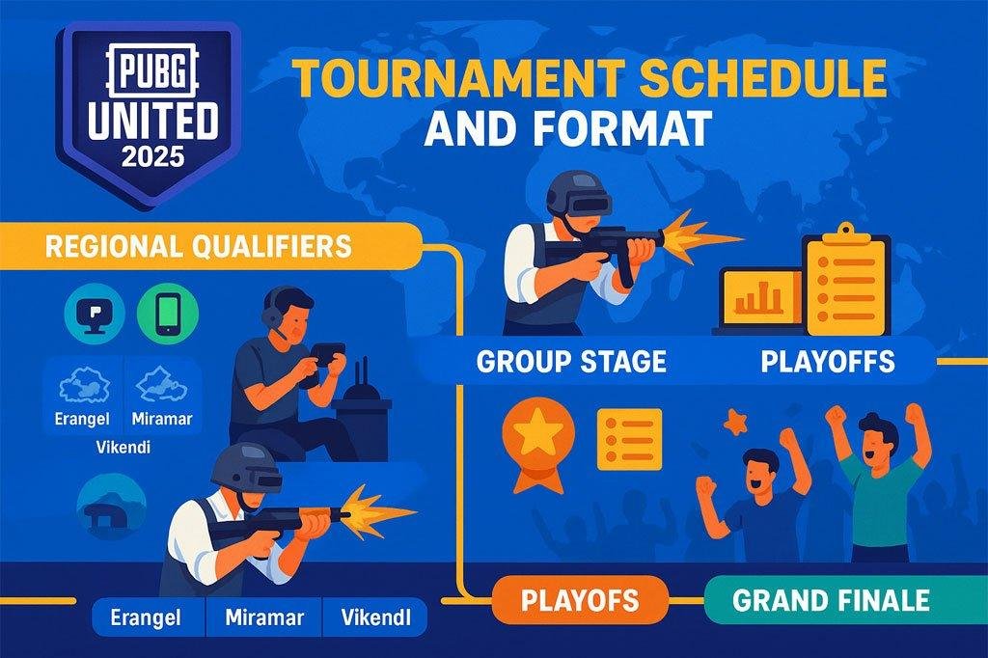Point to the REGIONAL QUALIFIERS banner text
pyautogui.click(x=198, y=247)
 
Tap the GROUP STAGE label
pyautogui.click(x=571, y=362)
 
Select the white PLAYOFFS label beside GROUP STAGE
pyautogui.click(x=827, y=362)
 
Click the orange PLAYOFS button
pyautogui.click(x=580, y=600)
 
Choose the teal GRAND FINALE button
pyautogui.click(x=831, y=601)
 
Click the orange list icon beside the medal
pyautogui.click(x=629, y=439)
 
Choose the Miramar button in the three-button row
pyautogui.click(x=264, y=617)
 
